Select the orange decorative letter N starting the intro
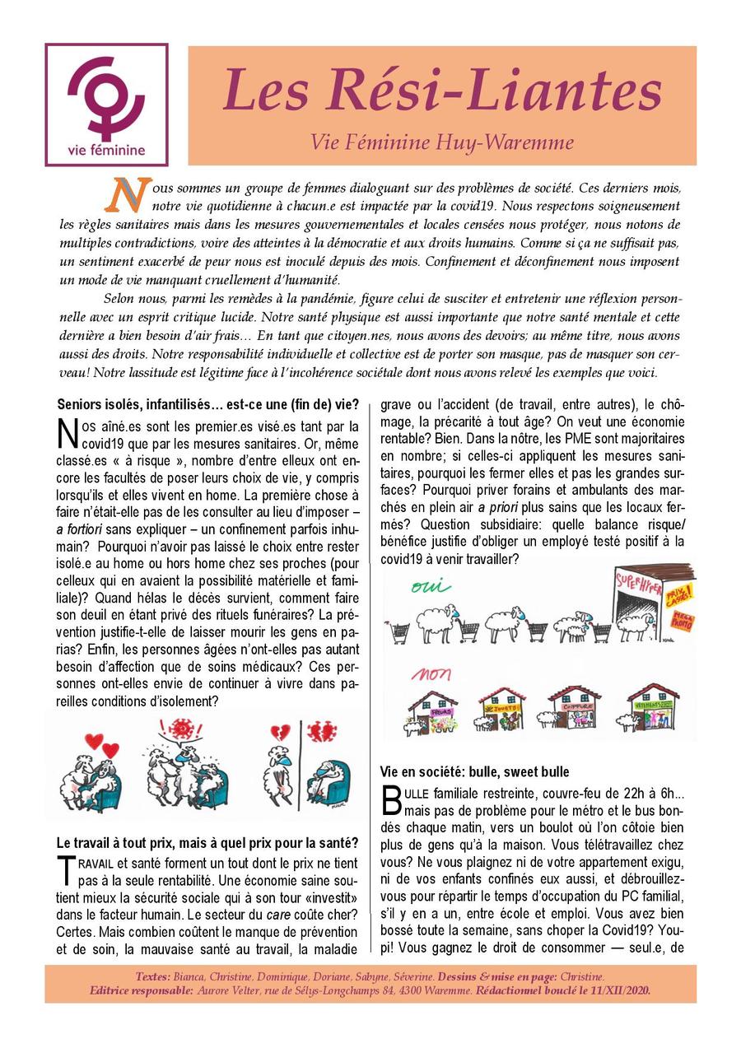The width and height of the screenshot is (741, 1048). tap(127, 193)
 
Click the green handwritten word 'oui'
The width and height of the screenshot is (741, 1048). tap(430, 587)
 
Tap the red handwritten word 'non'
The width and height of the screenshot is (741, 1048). tap(431, 674)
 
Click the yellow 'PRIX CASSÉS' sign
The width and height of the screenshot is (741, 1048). tap(678, 593)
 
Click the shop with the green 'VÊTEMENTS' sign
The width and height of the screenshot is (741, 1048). tap(651, 708)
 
